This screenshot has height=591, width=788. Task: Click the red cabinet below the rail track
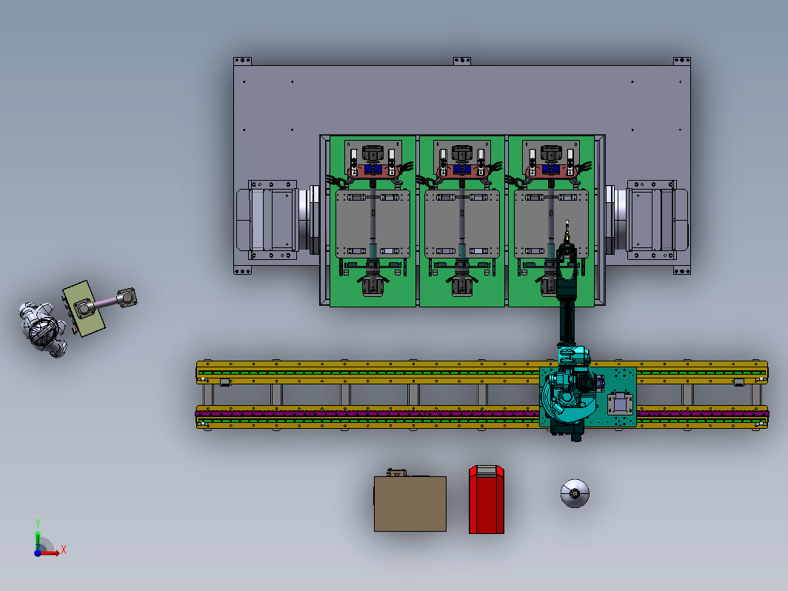[x=486, y=499]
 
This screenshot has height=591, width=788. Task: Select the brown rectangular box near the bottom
[x=410, y=504]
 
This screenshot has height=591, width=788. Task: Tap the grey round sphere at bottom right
[x=575, y=493]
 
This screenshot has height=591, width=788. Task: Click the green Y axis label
[x=37, y=523]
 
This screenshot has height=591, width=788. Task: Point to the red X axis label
[x=64, y=550]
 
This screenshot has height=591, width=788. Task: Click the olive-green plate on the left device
[x=84, y=309]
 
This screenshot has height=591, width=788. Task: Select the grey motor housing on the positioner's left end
[x=267, y=220]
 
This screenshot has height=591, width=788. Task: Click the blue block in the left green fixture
[x=373, y=169]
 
